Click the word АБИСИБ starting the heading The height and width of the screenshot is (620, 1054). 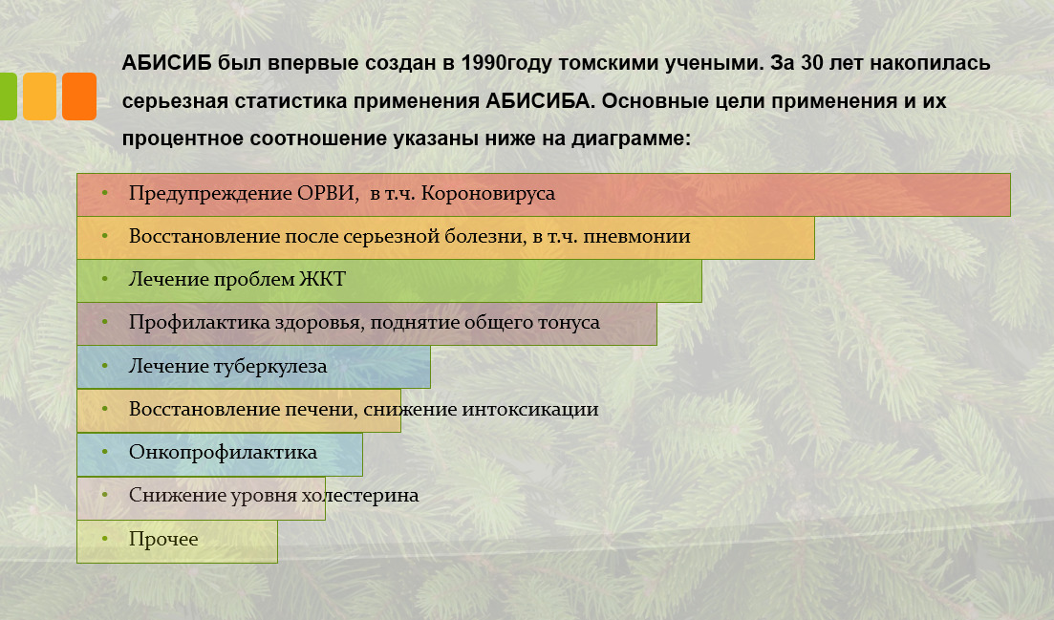point(166,63)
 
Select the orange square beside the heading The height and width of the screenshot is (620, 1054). point(79,96)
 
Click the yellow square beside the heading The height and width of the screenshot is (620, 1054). point(40,96)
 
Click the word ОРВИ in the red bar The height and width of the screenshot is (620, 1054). point(328,194)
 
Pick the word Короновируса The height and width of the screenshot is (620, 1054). point(488,194)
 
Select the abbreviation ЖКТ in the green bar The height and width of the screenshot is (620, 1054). point(322,279)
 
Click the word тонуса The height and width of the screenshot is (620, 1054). point(569,323)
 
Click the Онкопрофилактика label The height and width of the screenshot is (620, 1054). point(224,452)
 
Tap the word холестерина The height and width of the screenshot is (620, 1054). point(360,495)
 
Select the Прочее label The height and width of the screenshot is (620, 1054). point(163,539)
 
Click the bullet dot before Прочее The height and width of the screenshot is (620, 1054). point(105,539)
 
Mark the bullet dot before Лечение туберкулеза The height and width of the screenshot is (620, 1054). point(105,366)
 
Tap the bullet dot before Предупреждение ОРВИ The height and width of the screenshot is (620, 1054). point(105,194)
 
